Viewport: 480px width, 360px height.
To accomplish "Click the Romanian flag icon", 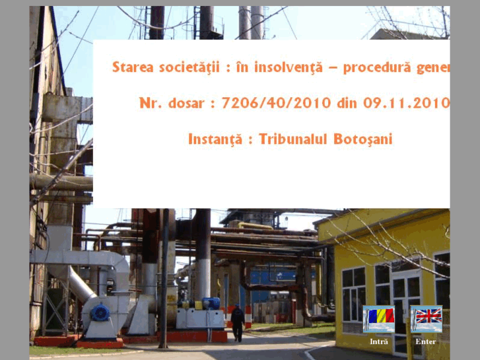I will tap(379, 318).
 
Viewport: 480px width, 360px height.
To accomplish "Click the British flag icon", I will tap(426, 318).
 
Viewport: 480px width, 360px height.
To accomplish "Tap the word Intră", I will tap(379, 342).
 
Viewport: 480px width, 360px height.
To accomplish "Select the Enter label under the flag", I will tap(426, 342).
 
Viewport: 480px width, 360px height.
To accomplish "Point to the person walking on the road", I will tap(236, 322).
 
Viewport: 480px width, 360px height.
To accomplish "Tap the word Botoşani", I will tap(363, 139).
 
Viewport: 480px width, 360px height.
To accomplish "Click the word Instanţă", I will tap(216, 139).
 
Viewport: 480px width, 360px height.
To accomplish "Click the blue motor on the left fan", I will tap(100, 312).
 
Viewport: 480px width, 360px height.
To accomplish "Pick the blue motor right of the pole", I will tap(211, 303).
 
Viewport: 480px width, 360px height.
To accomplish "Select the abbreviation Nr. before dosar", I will tap(150, 103).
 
